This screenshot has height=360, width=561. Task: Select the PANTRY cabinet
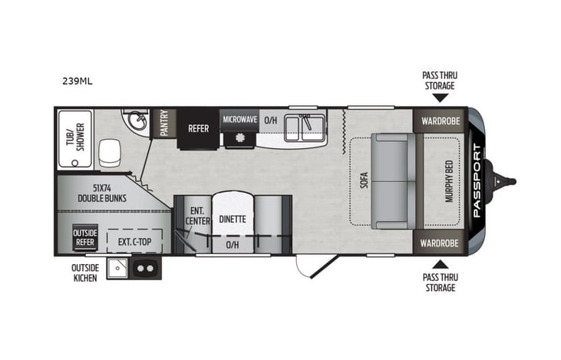click(x=164, y=123)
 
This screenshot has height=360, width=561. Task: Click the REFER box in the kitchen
click(x=199, y=128)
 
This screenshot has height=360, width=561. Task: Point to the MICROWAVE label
click(x=239, y=120)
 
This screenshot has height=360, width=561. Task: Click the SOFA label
click(x=365, y=180)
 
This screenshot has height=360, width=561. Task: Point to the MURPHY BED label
click(x=449, y=181)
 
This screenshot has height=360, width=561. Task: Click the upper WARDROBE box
click(x=439, y=121)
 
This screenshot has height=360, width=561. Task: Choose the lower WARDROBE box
click(x=439, y=243)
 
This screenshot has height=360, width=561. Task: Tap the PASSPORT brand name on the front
click(x=477, y=180)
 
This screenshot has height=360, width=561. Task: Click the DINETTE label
click(x=233, y=219)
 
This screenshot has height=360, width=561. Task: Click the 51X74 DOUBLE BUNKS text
click(x=102, y=192)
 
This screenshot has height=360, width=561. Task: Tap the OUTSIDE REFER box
click(x=84, y=236)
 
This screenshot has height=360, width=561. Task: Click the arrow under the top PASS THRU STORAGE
click(x=439, y=97)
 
